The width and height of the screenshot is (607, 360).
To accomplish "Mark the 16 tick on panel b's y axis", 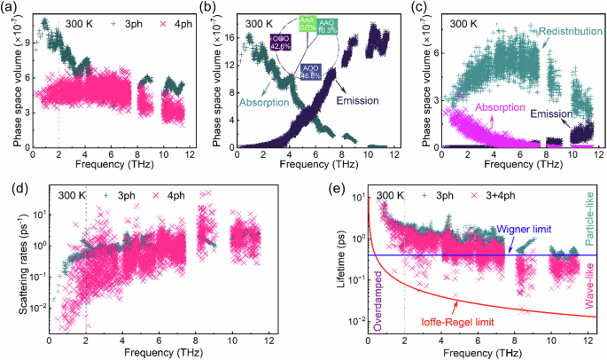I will coord(224,38).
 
